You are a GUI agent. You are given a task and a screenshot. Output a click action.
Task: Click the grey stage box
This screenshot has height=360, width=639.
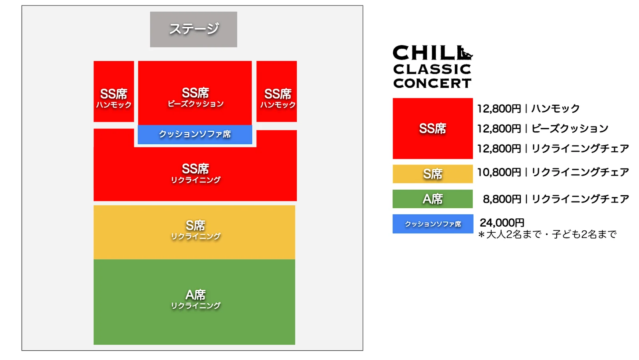[x=193, y=29]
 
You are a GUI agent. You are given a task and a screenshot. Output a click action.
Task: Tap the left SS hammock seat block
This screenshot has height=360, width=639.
[x=114, y=91]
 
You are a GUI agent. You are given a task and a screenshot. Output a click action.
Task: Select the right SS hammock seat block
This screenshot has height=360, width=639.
[x=276, y=91]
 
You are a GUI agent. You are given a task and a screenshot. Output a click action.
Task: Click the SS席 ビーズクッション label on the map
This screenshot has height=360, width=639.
[x=195, y=97]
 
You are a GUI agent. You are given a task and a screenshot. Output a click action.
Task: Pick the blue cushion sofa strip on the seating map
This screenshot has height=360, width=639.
[x=195, y=134]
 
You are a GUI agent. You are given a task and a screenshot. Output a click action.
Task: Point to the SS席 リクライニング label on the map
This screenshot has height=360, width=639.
[x=195, y=173]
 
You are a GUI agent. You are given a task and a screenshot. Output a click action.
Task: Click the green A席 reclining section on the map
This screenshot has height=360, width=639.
[x=194, y=301]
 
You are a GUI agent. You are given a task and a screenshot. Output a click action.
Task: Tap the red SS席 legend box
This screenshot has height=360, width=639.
[x=433, y=129]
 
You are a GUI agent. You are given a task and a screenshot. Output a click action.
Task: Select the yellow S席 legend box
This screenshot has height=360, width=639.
[x=433, y=174]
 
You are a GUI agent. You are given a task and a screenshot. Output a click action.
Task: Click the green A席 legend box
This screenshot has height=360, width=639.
[x=433, y=199]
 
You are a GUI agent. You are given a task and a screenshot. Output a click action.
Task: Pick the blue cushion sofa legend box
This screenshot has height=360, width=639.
[x=433, y=224]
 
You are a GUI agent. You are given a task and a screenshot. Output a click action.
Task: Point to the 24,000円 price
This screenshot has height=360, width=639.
[x=502, y=222]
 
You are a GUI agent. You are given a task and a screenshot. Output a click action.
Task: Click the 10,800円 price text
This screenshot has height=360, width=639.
[x=499, y=172]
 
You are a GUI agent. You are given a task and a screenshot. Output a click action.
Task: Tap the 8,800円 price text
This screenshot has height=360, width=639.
[x=502, y=199]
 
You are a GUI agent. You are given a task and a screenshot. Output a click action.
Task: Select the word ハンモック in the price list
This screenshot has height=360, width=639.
[x=556, y=109]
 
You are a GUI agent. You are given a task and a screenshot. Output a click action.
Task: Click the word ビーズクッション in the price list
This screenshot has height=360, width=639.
[x=570, y=129]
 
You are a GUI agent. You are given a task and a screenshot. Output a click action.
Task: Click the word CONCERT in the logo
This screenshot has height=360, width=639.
[x=432, y=83]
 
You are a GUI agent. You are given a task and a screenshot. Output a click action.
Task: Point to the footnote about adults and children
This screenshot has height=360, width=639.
[x=548, y=234]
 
